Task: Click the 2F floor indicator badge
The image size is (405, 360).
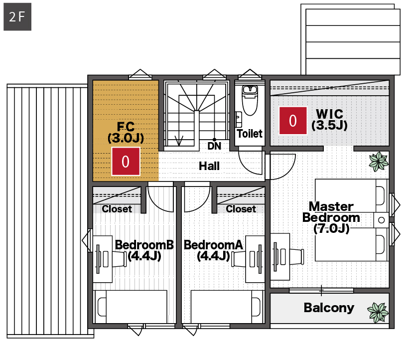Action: tap(17, 17)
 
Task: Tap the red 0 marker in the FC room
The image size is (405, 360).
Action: tap(126, 162)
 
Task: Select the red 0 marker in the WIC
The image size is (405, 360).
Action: tap(293, 121)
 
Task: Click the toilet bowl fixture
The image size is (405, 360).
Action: tap(250, 100)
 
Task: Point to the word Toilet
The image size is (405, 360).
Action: tap(250, 134)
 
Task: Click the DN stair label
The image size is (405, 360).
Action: tap(214, 146)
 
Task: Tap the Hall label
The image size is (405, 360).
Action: tap(209, 166)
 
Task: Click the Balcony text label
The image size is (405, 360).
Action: tap(329, 308)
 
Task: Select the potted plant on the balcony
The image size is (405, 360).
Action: tap(378, 312)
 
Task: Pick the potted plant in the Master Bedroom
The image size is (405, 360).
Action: tap(379, 162)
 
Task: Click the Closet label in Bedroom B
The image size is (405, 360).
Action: tap(117, 209)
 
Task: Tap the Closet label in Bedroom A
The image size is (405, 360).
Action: tap(241, 209)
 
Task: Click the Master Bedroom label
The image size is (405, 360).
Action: tap(331, 217)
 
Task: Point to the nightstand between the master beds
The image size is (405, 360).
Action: tap(381, 220)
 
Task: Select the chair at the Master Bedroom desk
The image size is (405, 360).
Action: tap(296, 257)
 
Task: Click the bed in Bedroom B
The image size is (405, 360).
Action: tap(130, 307)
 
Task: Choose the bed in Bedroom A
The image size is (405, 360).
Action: tap(227, 307)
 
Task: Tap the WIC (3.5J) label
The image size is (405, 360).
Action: tap(330, 120)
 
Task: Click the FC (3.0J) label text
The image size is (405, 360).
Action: tap(126, 132)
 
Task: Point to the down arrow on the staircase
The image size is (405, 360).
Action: tap(179, 140)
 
